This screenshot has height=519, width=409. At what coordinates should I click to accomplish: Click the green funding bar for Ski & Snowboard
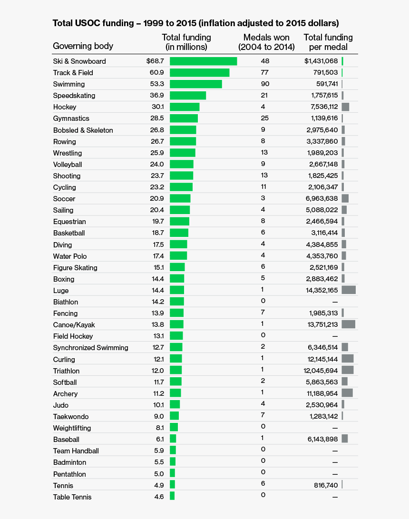pyautogui.click(x=203, y=61)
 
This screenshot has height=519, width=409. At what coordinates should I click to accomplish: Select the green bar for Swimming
pyautogui.click(x=195, y=84)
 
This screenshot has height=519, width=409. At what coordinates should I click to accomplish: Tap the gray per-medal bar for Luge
pyautogui.click(x=349, y=290)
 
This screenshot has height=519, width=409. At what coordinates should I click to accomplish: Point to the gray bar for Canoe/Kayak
pyautogui.click(x=349, y=324)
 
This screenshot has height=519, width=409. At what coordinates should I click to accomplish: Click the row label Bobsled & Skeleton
pyautogui.click(x=83, y=130)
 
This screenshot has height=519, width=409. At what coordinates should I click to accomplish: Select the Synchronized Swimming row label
pyautogui.click(x=90, y=348)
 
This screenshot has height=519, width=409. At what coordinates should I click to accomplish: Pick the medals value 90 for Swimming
pyautogui.click(x=265, y=84)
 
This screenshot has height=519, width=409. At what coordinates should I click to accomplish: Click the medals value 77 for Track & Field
pyautogui.click(x=264, y=72)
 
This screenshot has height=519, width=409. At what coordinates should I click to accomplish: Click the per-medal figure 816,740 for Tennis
pyautogui.click(x=323, y=485)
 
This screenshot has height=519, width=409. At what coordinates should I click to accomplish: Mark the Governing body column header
pyautogui.click(x=83, y=46)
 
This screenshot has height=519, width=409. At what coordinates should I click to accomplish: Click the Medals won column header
pyautogui.click(x=266, y=42)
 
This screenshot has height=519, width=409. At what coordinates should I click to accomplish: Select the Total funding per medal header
pyautogui.click(x=328, y=42)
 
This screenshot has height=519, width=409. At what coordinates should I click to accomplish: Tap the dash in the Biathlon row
pyautogui.click(x=335, y=302)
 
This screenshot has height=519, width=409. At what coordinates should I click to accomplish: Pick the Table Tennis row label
pyautogui.click(x=72, y=497)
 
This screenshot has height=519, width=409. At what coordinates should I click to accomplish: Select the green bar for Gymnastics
pyautogui.click(x=184, y=118)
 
